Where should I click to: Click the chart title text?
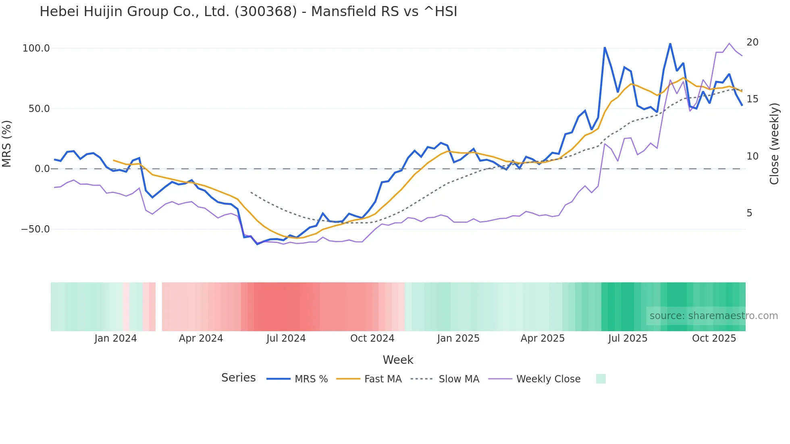(248, 12)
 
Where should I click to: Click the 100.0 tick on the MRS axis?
(36, 48)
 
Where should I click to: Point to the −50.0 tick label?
(35, 229)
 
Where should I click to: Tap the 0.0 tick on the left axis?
(42, 169)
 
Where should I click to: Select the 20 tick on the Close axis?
(752, 42)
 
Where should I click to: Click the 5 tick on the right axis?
(749, 213)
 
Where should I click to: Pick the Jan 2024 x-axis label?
(116, 338)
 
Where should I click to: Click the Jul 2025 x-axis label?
(628, 338)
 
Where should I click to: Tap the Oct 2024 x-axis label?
(372, 338)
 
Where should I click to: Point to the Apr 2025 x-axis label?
(543, 338)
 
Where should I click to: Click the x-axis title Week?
(398, 360)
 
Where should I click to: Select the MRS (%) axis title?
(7, 143)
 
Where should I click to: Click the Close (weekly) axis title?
(774, 144)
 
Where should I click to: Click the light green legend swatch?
(601, 379)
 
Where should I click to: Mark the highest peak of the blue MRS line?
(670, 44)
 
